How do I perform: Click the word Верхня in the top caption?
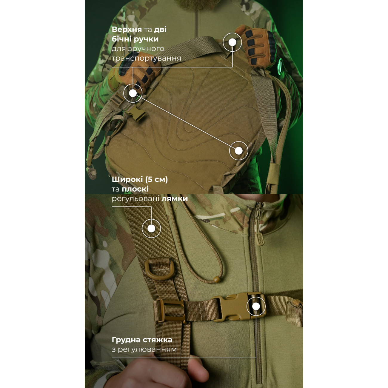click(x=127, y=30)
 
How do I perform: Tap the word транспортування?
click(x=146, y=58)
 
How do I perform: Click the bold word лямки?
click(x=175, y=199)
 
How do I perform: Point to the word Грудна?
click(x=126, y=340)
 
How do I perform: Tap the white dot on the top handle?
click(x=233, y=42)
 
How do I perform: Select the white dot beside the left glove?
click(x=133, y=93)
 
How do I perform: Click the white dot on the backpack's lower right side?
click(x=238, y=151)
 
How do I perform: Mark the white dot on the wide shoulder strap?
click(x=151, y=228)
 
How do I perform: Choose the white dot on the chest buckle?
click(x=256, y=307)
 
